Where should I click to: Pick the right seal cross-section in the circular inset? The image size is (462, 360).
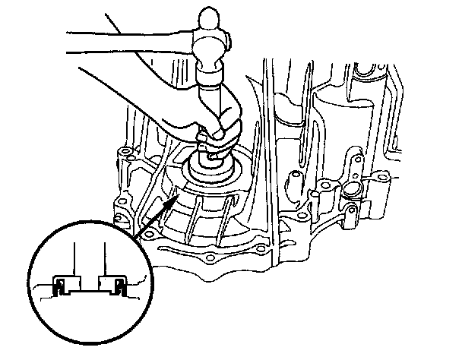tap(119, 287)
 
